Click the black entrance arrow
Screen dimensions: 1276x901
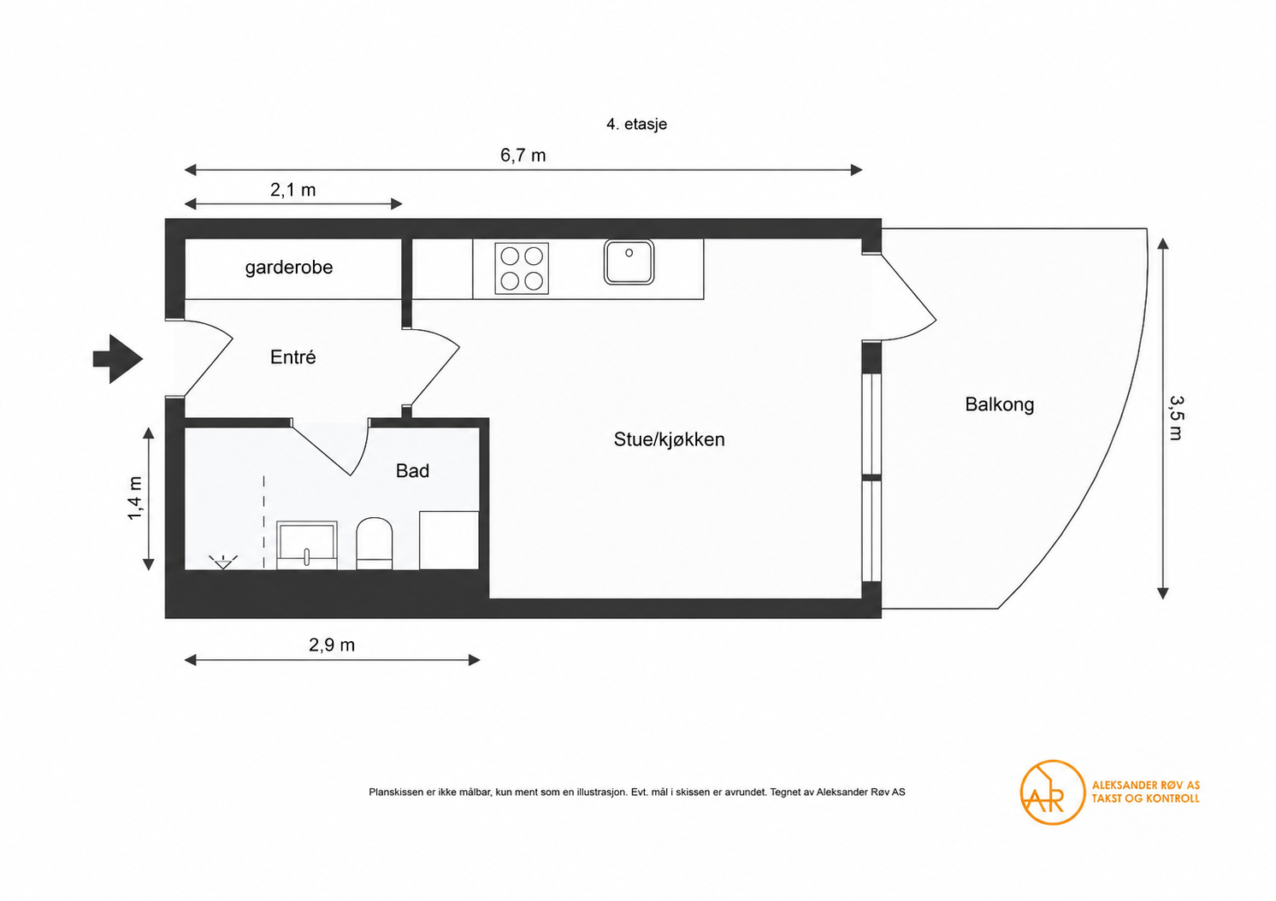coord(118,359)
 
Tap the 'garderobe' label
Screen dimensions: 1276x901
coord(289,267)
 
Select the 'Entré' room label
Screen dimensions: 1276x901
coord(292,357)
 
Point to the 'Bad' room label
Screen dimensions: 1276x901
coord(412,470)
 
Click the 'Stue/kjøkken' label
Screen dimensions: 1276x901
coord(670,439)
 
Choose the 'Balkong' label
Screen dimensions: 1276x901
coord(999,404)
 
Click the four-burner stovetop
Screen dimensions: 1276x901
coord(522,268)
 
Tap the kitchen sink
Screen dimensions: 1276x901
coord(629,262)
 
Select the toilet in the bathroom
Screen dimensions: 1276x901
coord(375,544)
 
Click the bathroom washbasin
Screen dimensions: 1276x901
coord(307,545)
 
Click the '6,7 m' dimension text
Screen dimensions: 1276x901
coord(523,155)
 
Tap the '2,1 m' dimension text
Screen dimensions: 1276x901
coord(292,190)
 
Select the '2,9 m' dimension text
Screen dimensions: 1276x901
coord(332,645)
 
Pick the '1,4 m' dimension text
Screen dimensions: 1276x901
coord(135,498)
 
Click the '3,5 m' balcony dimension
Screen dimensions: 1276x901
coord(1176,418)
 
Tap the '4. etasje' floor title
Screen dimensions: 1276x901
coord(636,124)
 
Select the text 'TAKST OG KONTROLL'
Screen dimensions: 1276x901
coord(1145,798)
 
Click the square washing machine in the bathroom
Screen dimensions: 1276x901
coord(449,540)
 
